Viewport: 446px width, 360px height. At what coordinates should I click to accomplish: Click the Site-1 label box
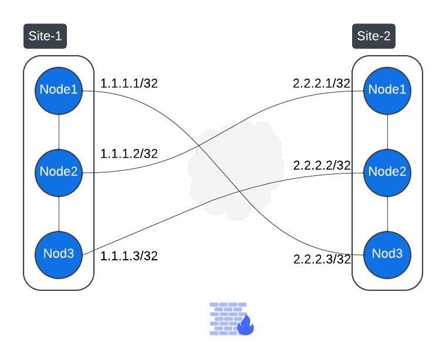[x=45, y=36]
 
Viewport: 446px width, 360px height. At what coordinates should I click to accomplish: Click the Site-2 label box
[x=374, y=36]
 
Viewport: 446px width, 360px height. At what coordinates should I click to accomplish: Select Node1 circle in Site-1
[x=59, y=90]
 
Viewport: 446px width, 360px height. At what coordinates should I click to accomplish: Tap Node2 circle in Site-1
[x=59, y=172]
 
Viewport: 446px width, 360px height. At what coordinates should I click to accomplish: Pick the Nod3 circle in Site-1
[x=59, y=254]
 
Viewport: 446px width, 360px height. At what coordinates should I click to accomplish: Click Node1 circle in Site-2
[x=387, y=90]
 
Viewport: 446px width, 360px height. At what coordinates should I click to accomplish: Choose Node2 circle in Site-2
[x=387, y=172]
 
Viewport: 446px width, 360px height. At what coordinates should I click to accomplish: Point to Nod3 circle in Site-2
[x=387, y=254]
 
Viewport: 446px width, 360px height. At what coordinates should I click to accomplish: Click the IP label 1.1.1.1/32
[x=129, y=83]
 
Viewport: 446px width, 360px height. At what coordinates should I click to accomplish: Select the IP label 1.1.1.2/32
[x=129, y=154]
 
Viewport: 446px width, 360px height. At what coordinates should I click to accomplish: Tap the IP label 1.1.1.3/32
[x=129, y=256]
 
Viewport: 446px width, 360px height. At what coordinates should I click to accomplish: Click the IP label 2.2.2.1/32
[x=322, y=83]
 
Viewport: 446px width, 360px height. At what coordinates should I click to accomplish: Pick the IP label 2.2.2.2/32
[x=322, y=165]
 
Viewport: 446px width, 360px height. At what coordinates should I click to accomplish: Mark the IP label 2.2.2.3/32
[x=322, y=259]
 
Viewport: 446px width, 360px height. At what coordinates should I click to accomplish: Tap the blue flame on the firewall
[x=245, y=325]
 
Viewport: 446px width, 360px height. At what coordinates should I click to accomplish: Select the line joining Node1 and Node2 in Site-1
[x=59, y=131]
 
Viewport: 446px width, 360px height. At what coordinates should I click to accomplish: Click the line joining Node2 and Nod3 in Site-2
[x=387, y=213]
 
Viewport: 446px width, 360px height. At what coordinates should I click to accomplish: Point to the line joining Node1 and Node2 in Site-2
[x=387, y=131]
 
